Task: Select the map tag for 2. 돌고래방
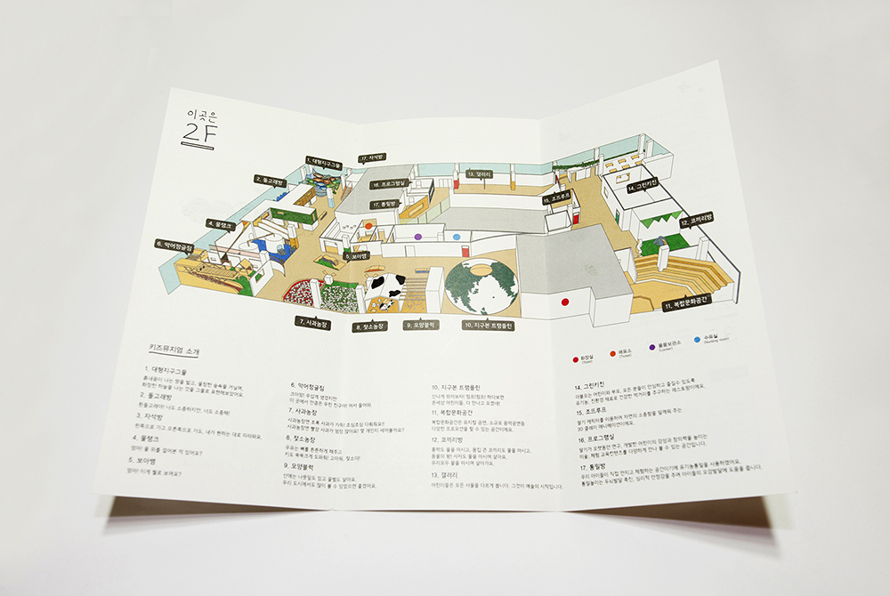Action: [x=269, y=180]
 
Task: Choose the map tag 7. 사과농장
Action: [x=312, y=323]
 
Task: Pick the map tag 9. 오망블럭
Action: [x=425, y=326]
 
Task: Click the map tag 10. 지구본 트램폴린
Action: [x=489, y=326]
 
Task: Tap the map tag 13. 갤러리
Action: [x=479, y=174]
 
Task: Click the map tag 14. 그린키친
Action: [x=642, y=188]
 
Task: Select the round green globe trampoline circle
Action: [x=481, y=287]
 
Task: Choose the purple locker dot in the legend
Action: [x=652, y=344]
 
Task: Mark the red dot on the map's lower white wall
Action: [x=564, y=302]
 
